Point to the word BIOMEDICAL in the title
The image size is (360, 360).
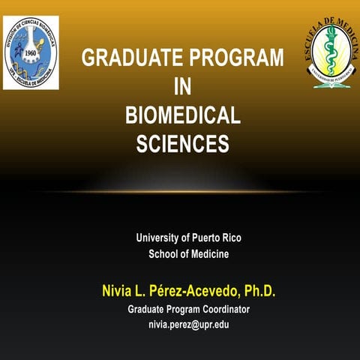click(x=182, y=115)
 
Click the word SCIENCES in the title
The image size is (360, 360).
click(x=182, y=143)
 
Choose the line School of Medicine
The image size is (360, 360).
click(x=188, y=254)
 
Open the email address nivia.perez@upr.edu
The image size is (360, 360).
click(x=188, y=324)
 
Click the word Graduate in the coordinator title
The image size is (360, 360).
click(x=147, y=309)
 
